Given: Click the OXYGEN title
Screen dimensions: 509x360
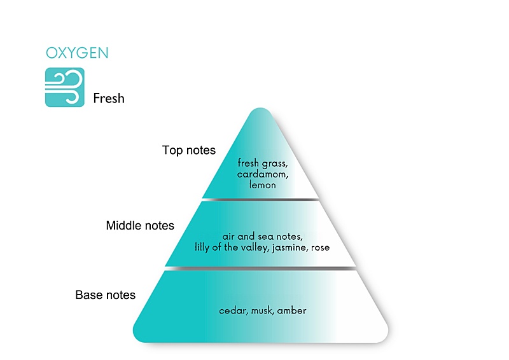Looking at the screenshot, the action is pyautogui.click(x=77, y=53).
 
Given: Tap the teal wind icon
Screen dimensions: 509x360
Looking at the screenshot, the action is pyautogui.click(x=65, y=87).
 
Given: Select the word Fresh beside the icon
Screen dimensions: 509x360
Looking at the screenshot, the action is pyautogui.click(x=109, y=98).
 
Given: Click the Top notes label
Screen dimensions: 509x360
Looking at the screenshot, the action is pyautogui.click(x=188, y=150).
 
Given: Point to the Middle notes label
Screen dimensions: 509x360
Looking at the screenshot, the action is pyautogui.click(x=140, y=225).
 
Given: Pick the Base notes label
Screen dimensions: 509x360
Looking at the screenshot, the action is pyautogui.click(x=105, y=294).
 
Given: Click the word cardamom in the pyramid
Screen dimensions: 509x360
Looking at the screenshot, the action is pyautogui.click(x=262, y=174).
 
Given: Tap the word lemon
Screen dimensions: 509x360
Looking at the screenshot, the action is pyautogui.click(x=263, y=185).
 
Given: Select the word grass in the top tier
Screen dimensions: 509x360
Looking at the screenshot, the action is pyautogui.click(x=275, y=163).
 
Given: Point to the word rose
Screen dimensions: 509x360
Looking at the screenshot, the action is pyautogui.click(x=321, y=247).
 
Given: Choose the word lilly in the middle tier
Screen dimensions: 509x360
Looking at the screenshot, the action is pyautogui.click(x=202, y=247).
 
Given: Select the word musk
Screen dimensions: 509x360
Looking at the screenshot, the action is pyautogui.click(x=262, y=310).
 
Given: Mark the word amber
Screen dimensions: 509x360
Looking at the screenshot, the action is pyautogui.click(x=291, y=310).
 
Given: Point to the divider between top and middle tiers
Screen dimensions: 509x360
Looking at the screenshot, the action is pyautogui.click(x=260, y=199).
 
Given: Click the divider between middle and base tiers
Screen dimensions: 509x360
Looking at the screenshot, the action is pyautogui.click(x=260, y=268).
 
